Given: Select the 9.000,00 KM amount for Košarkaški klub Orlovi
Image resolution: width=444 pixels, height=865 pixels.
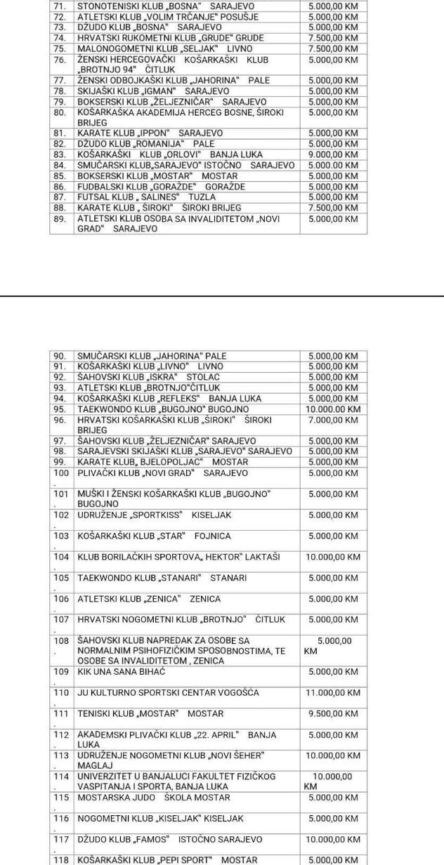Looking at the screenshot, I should tap(332, 154).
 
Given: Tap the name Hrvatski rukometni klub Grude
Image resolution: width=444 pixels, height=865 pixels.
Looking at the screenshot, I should tap(171, 38).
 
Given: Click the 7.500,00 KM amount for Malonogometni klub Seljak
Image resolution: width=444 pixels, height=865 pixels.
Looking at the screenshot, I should tap(332, 49).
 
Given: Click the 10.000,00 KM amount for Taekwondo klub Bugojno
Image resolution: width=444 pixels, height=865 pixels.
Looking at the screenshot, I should tap(334, 409).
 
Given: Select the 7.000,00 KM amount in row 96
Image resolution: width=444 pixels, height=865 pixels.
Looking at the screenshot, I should tap(332, 420).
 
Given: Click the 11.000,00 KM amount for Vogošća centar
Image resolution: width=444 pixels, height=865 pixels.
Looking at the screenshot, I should tap(332, 692).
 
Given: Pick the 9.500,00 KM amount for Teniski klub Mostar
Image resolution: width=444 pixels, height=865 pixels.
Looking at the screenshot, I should tap(332, 713).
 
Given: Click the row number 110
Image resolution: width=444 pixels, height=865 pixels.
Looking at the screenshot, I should tap(62, 692).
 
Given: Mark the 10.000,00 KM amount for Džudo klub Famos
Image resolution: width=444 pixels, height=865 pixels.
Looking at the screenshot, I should tap(332, 839).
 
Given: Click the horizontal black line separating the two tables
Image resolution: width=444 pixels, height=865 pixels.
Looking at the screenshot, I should tap(222, 296).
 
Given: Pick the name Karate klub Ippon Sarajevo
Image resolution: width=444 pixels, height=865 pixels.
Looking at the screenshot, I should tap(150, 133).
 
